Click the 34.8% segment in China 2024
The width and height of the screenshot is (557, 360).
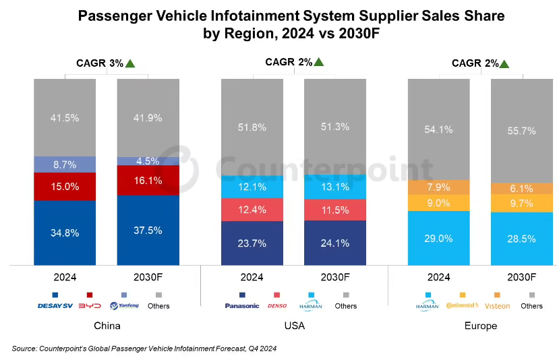click(65, 233)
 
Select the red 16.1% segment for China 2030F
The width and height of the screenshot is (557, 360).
click(148, 180)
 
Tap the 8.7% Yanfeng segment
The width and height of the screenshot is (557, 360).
click(65, 164)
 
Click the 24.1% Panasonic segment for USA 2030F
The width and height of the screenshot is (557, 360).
click(335, 243)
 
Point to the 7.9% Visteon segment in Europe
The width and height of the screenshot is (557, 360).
click(439, 187)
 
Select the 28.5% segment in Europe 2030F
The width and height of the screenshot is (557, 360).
click(521, 239)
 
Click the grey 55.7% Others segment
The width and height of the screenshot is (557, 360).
click(521, 131)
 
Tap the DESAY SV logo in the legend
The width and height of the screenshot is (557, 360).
click(55, 306)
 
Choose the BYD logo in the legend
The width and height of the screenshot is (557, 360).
click(90, 306)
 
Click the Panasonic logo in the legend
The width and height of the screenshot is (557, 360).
click(241, 306)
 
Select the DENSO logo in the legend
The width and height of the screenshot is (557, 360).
click(278, 306)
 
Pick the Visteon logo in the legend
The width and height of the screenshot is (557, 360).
click(498, 306)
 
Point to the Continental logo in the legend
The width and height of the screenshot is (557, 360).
click(462, 306)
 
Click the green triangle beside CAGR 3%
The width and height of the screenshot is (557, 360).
click(130, 63)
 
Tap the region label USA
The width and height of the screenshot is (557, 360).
click(294, 326)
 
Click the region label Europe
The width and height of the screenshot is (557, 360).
click(480, 326)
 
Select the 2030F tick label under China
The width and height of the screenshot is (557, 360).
click(148, 277)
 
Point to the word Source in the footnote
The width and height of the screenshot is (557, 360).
click(25, 349)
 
